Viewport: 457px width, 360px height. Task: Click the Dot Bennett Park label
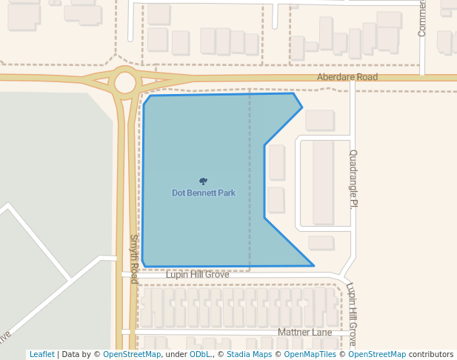(x=204, y=193)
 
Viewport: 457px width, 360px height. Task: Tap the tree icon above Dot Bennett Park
(x=204, y=181)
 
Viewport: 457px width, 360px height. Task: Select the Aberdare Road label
(x=347, y=77)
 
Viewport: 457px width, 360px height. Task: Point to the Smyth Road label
(x=134, y=259)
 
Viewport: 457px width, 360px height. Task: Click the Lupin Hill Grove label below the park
(x=197, y=275)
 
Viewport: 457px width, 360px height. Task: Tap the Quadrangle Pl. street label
(x=353, y=179)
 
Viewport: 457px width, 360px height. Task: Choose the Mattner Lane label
(x=304, y=333)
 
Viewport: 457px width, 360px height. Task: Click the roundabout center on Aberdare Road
(x=125, y=82)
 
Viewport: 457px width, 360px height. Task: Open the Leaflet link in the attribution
(x=41, y=355)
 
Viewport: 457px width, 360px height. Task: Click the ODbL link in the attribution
(x=199, y=355)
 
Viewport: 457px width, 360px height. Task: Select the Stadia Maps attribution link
(x=249, y=355)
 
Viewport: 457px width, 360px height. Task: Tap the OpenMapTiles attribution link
(x=310, y=355)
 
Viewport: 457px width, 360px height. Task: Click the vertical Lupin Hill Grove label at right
(x=352, y=314)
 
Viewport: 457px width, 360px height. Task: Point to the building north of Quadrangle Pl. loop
(x=320, y=120)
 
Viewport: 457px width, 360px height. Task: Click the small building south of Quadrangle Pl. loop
(x=321, y=242)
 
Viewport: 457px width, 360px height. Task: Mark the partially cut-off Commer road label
(x=422, y=19)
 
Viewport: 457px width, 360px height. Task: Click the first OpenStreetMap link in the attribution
(x=132, y=355)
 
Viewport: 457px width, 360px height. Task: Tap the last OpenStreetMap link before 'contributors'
(x=377, y=355)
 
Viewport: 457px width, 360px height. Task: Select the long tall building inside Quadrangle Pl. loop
(x=323, y=181)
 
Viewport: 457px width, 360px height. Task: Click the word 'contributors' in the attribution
(x=430, y=355)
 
